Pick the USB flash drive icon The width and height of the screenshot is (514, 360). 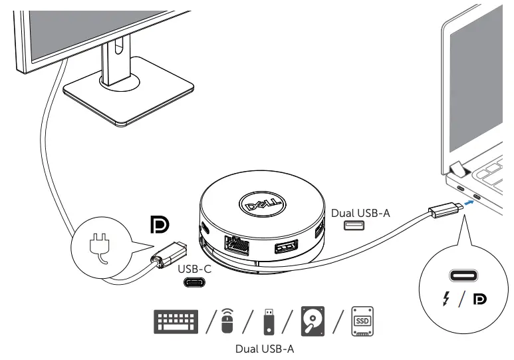269,321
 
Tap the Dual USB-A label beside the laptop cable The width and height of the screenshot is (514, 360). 361,212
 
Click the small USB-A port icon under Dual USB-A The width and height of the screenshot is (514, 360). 354,226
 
